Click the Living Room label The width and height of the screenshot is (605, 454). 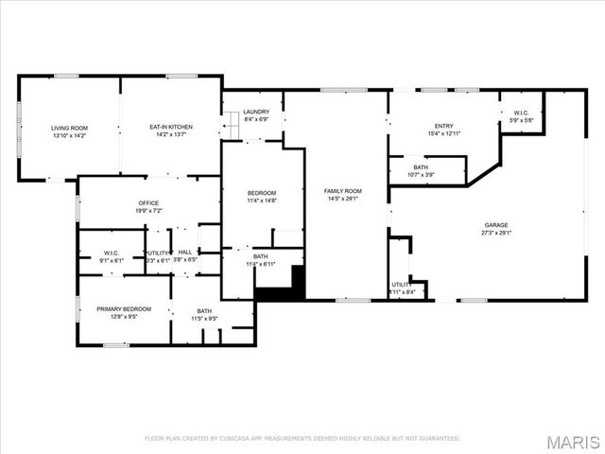pos(69,128)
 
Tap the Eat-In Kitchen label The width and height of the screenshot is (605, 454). pos(171,128)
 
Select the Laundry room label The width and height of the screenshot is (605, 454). pos(256,112)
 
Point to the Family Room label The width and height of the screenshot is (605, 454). pos(343,191)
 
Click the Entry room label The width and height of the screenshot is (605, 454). pos(443,126)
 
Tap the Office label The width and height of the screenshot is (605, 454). pos(147,202)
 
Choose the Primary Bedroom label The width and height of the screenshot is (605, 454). pos(124,309)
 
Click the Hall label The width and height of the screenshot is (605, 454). pos(185,252)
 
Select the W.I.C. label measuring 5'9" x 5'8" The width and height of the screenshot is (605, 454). pos(522,113)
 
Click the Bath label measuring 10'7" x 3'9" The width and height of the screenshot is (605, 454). pos(421,167)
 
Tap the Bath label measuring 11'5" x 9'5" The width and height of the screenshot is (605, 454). pos(205,311)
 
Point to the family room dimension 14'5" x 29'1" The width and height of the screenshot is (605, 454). pos(343,199)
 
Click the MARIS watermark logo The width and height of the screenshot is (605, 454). pos(574,443)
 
